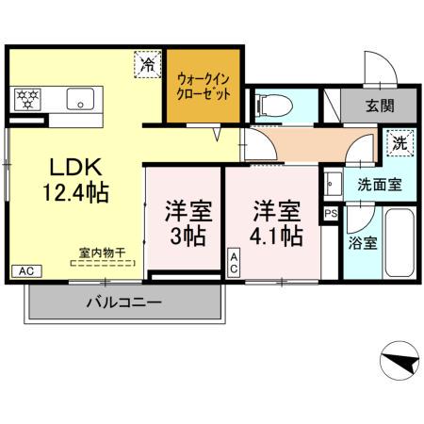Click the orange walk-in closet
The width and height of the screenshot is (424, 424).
pos(204,89)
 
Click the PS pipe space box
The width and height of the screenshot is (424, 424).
pos(329,214)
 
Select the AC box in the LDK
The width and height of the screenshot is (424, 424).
pos(25,271)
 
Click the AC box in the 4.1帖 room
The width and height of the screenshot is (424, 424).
pos(234,262)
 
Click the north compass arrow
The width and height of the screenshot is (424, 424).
pos(400,362)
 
